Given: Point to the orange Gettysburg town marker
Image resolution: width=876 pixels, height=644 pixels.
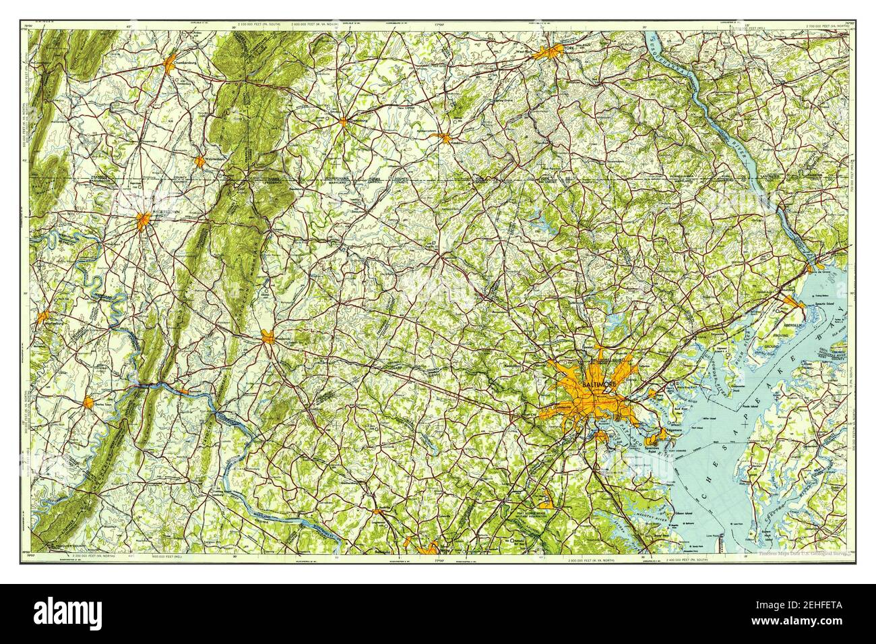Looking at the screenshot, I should click(x=344, y=121).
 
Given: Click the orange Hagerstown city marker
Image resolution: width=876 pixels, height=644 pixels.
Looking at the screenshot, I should click(x=144, y=219).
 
